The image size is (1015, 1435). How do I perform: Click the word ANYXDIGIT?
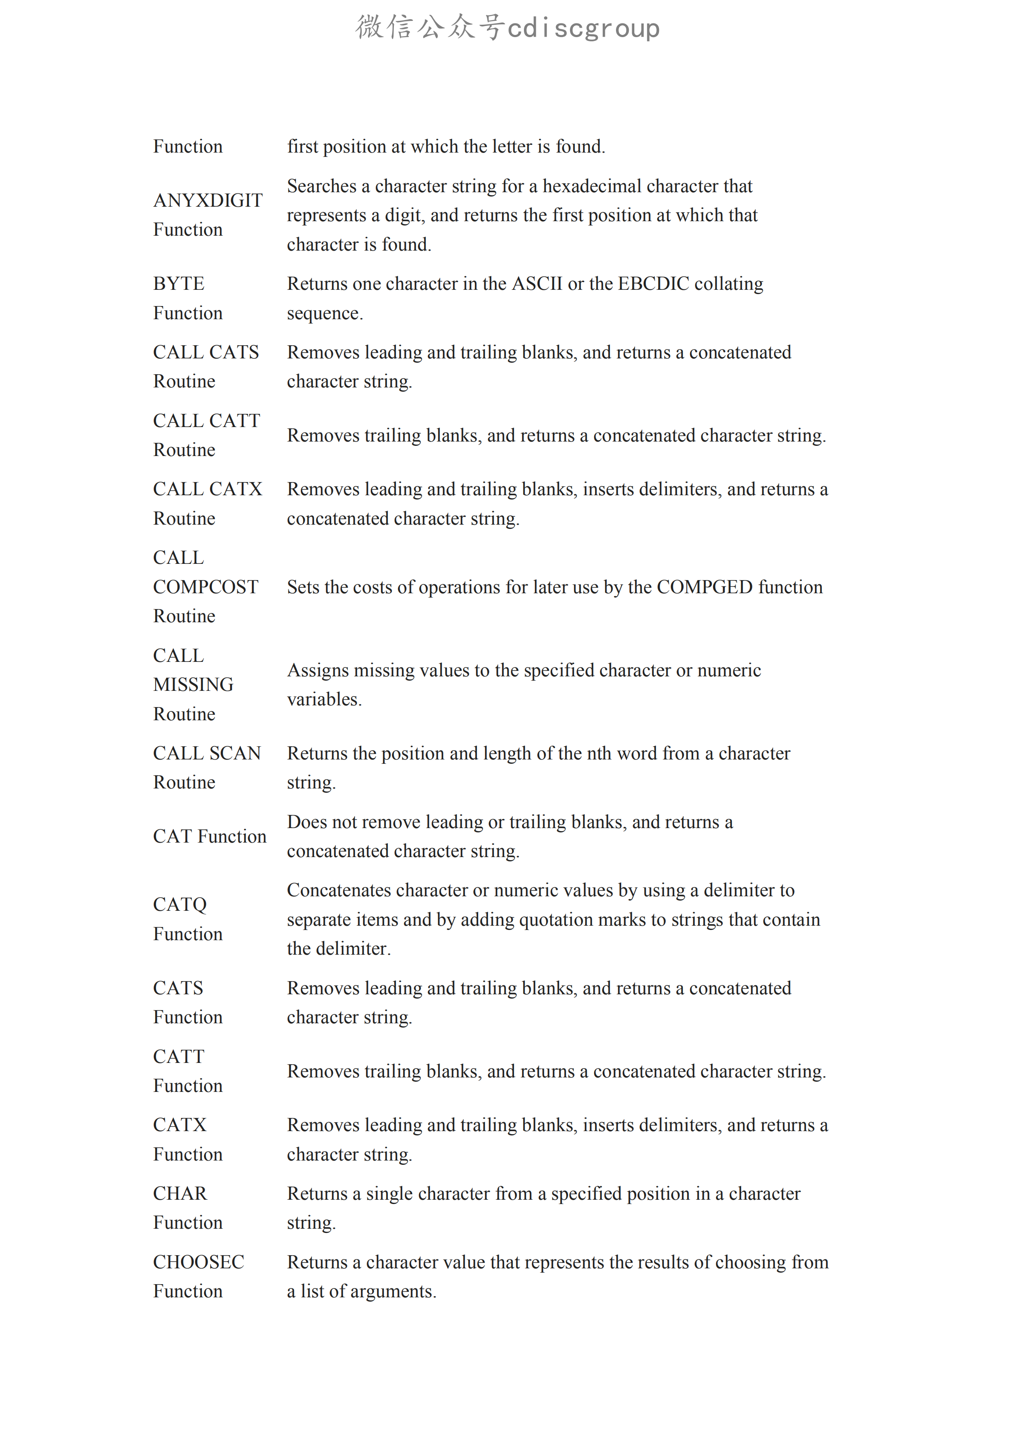coord(208,201)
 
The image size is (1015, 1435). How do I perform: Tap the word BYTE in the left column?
coord(179,284)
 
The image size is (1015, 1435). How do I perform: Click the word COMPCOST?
coord(205,587)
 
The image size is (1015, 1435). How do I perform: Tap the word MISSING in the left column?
coord(193,684)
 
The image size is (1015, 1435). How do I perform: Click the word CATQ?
coord(180,904)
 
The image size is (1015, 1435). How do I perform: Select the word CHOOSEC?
coord(199,1262)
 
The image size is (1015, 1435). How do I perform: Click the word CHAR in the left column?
coord(180,1193)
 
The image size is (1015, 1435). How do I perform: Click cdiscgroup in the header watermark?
coord(583,28)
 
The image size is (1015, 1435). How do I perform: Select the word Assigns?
coord(318,670)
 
